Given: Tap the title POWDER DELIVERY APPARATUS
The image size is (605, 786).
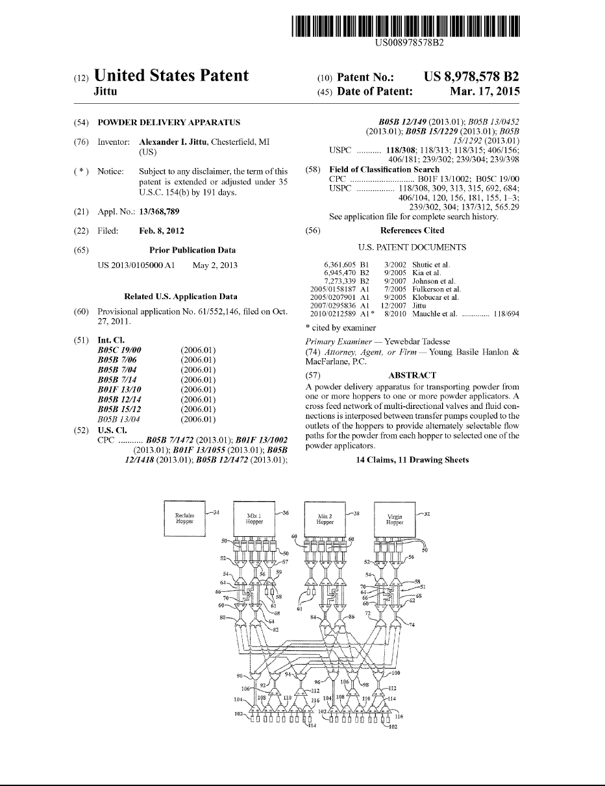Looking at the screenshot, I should point(169,123).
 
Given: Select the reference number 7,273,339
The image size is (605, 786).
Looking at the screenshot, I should point(341,281).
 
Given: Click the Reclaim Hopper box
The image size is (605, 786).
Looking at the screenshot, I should point(184,517).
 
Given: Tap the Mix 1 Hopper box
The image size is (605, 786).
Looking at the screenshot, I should point(254,517).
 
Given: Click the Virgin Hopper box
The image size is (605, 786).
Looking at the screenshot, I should point(395,518).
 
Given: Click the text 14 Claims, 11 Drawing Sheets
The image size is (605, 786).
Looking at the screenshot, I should point(412,460).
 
